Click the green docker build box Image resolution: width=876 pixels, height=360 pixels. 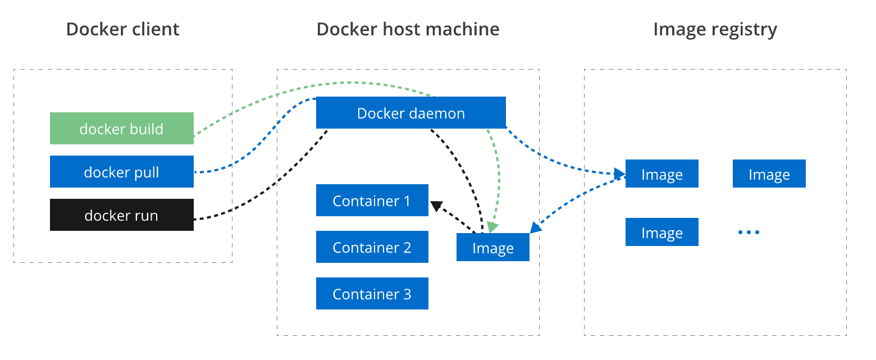tap(121, 129)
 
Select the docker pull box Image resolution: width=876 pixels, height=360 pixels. tap(121, 172)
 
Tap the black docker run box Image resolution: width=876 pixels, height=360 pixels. tap(121, 215)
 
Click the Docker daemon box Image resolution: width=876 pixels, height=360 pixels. tap(410, 113)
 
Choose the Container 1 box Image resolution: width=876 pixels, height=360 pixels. tap(372, 200)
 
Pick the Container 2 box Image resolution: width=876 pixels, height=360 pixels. tap(372, 247)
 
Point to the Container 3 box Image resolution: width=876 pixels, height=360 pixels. tap(372, 294)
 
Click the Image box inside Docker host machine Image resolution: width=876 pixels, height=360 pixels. tap(492, 248)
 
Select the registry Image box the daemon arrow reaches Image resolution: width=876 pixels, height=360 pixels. tap(661, 174)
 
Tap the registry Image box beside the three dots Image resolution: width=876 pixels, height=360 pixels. tap(661, 233)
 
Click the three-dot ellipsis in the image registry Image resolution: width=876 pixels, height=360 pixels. tap(749, 232)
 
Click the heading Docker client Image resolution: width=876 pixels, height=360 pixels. tap(122, 29)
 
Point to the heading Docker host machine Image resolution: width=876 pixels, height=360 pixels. tap(408, 29)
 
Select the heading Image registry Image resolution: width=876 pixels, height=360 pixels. tap(715, 29)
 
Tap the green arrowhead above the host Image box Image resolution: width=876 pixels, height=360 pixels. tap(492, 226)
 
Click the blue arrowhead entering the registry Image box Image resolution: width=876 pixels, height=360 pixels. tap(619, 172)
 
